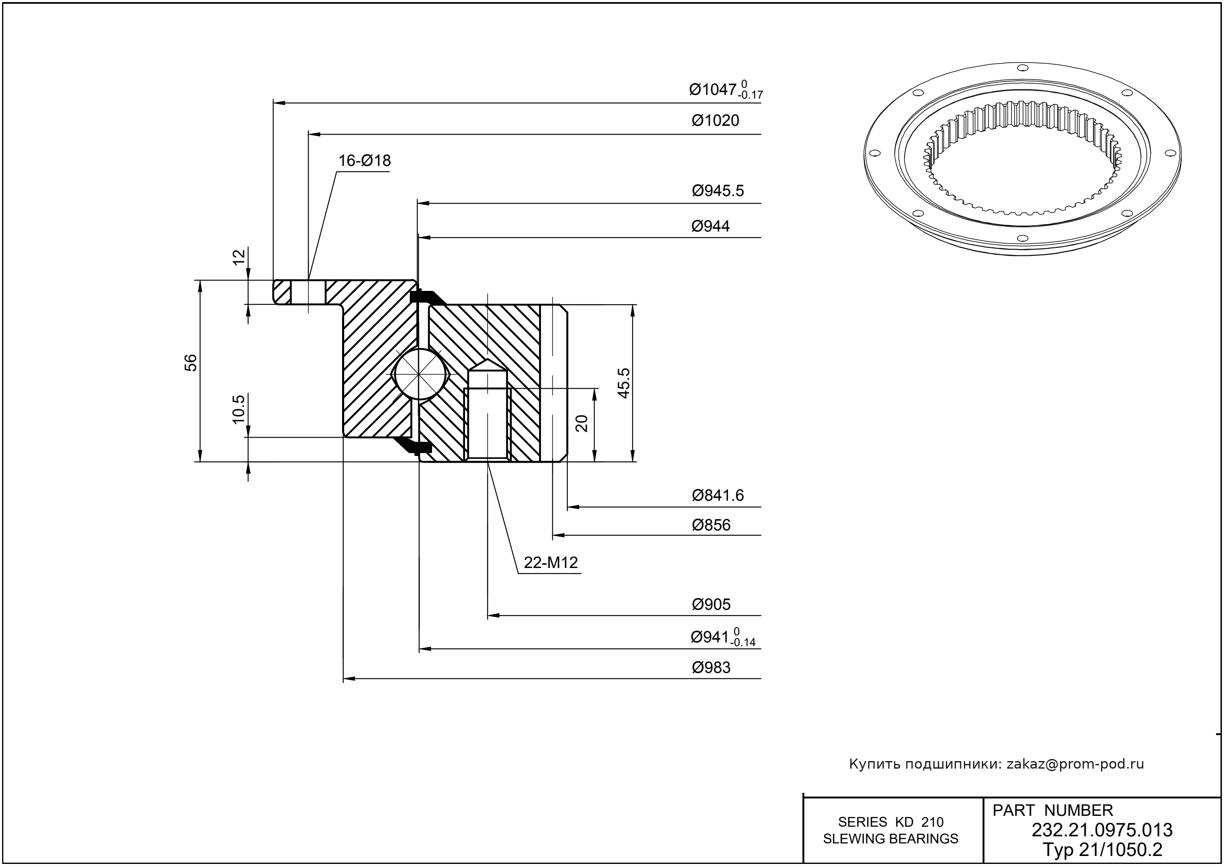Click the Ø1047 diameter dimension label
(725, 90)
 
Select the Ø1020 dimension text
(715, 120)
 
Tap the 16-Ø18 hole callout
(364, 160)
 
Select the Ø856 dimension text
(711, 525)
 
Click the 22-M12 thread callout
(551, 563)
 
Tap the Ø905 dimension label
(711, 604)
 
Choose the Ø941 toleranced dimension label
(723, 637)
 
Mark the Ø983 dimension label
(711, 667)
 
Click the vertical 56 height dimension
(191, 363)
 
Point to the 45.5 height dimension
(624, 382)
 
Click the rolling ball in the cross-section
(420, 374)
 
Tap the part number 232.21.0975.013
(1102, 830)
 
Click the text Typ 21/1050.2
(1102, 849)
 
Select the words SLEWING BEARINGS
(891, 839)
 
